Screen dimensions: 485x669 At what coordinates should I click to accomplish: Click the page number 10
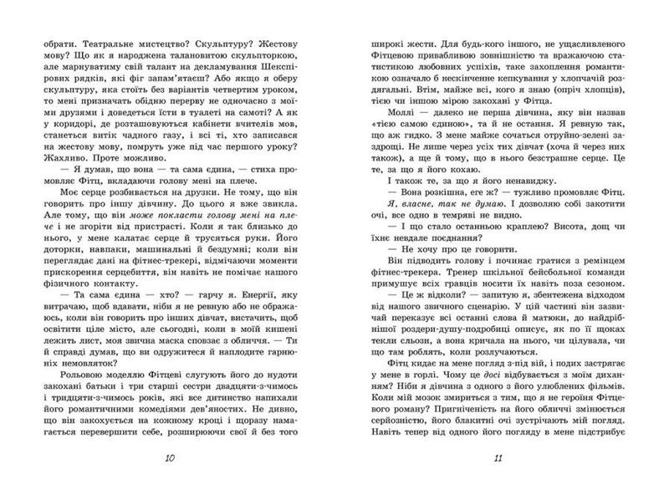[x=171, y=458]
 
